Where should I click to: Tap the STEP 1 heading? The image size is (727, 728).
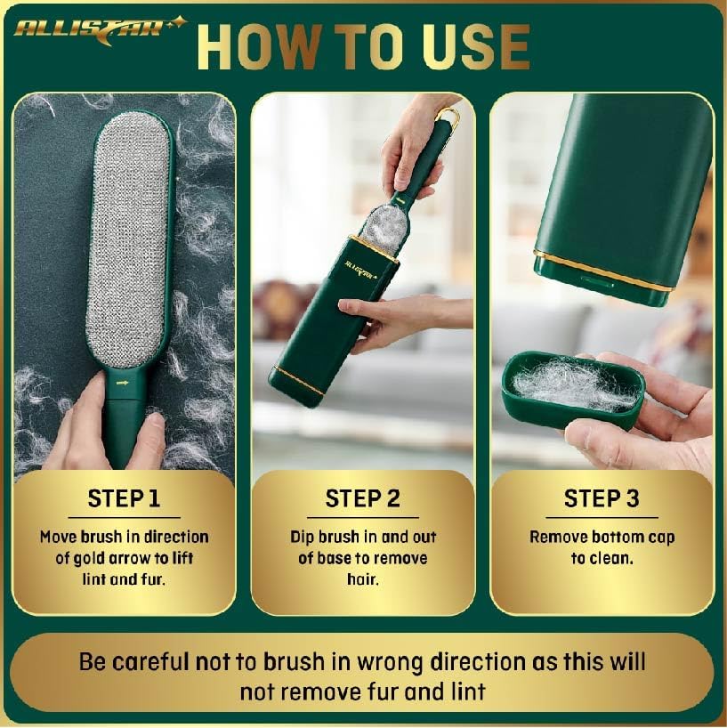124,498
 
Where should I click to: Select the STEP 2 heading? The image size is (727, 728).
362,498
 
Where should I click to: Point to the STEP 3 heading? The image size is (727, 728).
602,498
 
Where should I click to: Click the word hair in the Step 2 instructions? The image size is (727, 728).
362,579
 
